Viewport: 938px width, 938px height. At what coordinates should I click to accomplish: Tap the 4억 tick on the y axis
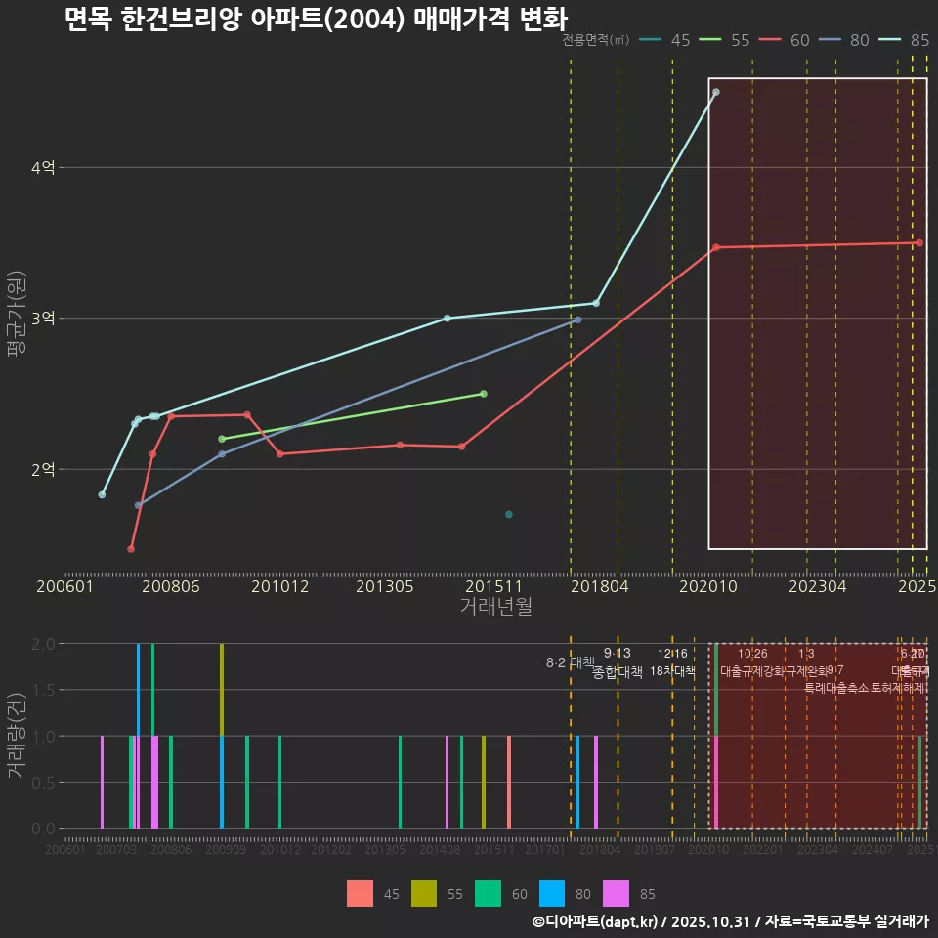point(42,168)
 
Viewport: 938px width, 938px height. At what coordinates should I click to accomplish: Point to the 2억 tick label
point(42,470)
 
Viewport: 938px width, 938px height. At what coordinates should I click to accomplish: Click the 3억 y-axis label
point(42,319)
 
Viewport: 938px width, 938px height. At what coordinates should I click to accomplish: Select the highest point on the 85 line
point(716,92)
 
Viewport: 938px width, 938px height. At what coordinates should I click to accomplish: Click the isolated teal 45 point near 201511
point(509,514)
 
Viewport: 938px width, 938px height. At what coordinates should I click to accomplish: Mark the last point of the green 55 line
point(484,394)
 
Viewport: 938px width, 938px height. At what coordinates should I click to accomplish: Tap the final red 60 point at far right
point(919,243)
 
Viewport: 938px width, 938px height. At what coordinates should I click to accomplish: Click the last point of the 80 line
point(577,320)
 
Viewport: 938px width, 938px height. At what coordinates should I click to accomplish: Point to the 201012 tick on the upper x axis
point(279,587)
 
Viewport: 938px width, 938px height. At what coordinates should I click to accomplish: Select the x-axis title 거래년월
point(495,607)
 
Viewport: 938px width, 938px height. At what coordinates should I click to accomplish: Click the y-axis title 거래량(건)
point(16,735)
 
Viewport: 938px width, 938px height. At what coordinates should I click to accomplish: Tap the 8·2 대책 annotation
point(570,662)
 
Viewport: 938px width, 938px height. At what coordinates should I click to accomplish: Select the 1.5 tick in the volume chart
point(42,690)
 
